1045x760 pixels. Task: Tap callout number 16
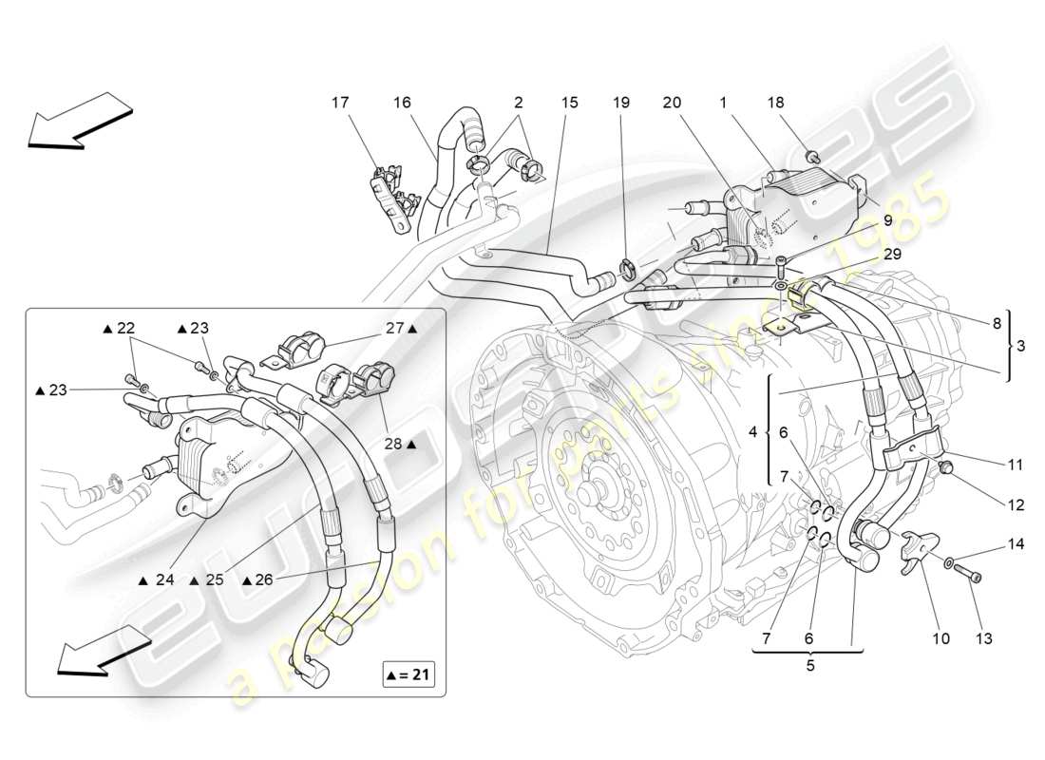pyautogui.click(x=403, y=102)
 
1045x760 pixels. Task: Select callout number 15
pyautogui.click(x=568, y=102)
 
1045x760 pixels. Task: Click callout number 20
pyautogui.click(x=672, y=102)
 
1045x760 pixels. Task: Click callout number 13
pyautogui.click(x=983, y=638)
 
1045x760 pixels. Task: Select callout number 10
pyautogui.click(x=940, y=638)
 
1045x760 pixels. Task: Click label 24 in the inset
pyautogui.click(x=163, y=579)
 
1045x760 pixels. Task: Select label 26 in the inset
pyautogui.click(x=263, y=579)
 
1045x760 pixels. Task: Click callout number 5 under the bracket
pyautogui.click(x=809, y=666)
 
